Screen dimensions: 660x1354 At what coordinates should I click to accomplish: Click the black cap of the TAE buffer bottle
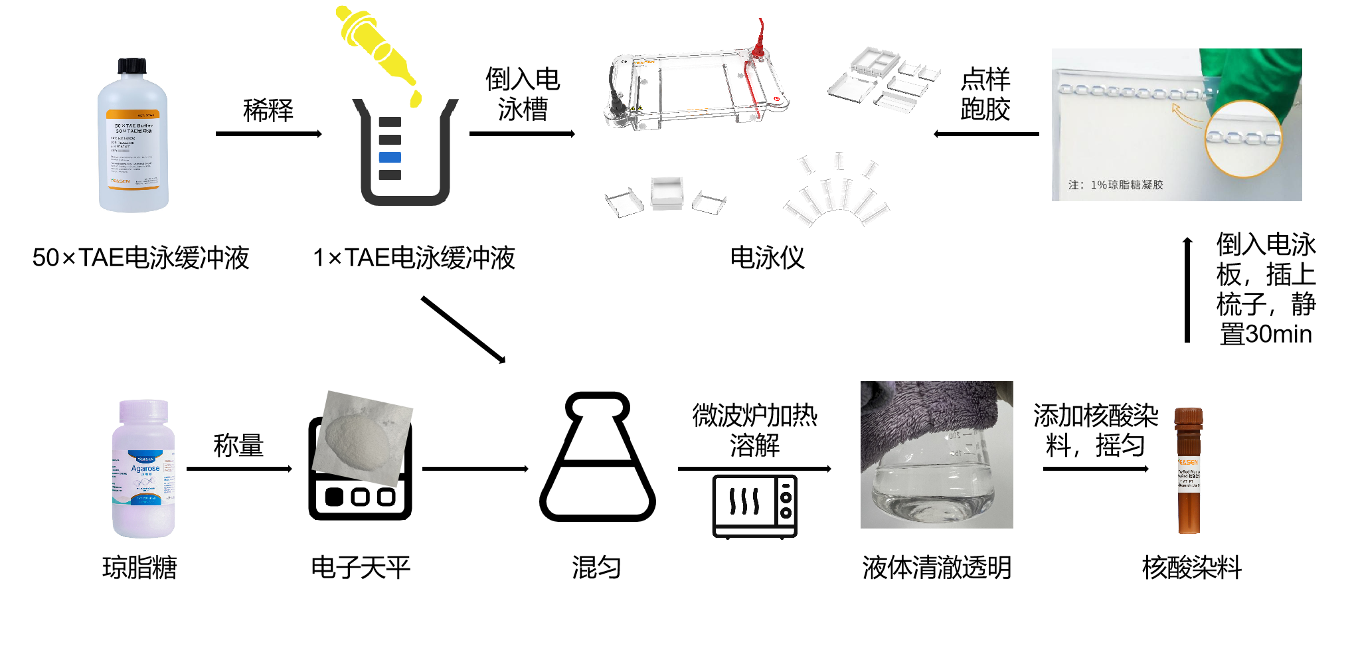(x=132, y=66)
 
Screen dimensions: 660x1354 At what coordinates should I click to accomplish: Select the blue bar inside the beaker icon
(x=390, y=157)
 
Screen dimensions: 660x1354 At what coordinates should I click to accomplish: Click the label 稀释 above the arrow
(x=268, y=110)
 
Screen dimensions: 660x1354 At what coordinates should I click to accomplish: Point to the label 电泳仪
(x=767, y=258)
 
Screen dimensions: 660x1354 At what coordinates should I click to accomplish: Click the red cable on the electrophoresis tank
(x=760, y=40)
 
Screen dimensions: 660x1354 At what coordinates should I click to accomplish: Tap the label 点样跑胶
(x=985, y=94)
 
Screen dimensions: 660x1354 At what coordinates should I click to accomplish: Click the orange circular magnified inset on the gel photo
(x=1242, y=139)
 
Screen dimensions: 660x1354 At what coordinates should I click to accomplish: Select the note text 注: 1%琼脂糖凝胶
(x=1116, y=185)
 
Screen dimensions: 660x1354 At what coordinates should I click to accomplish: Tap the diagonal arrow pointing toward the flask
(x=463, y=329)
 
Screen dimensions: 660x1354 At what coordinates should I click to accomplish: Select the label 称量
(x=238, y=446)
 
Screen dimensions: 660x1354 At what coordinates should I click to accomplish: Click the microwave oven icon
(x=754, y=506)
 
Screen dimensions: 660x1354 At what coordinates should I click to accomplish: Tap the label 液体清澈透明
(x=936, y=568)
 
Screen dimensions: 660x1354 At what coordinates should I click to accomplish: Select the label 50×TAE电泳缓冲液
(x=141, y=258)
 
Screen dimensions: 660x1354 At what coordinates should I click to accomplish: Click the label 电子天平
(x=361, y=568)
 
